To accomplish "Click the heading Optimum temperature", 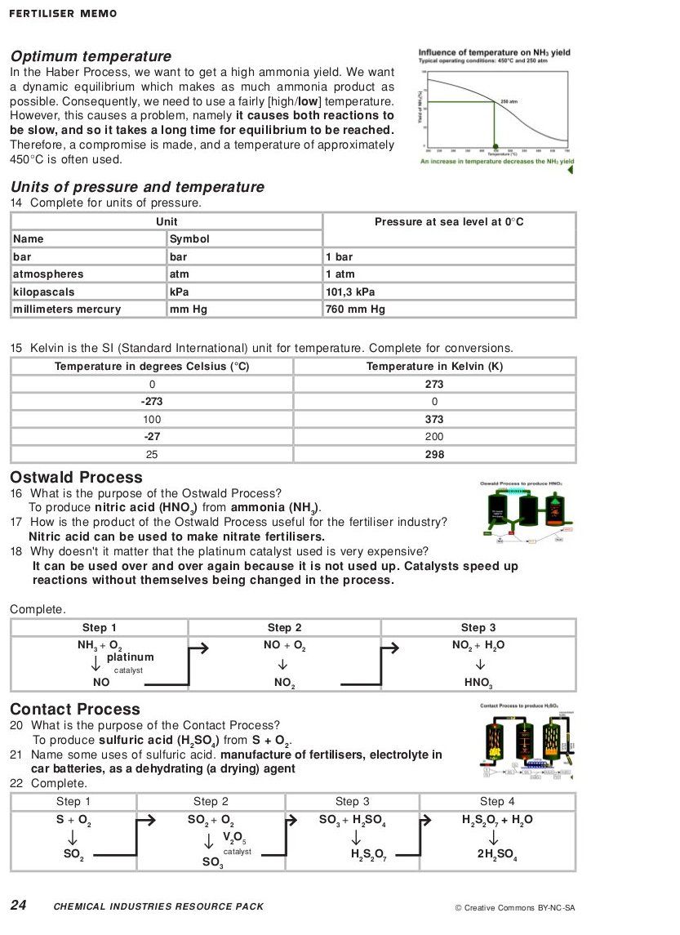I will [91, 56].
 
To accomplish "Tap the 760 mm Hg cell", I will [355, 309].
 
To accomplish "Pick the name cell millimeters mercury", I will [67, 309].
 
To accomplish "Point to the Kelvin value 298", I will [434, 454].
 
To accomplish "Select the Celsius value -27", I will [152, 437].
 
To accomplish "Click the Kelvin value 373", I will [434, 419].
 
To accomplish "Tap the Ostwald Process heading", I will [76, 478].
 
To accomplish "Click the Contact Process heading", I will [75, 709].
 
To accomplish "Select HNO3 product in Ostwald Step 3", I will [478, 683].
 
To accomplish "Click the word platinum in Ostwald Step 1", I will [130, 657].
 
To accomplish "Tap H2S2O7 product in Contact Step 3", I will [368, 855].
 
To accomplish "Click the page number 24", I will [19, 905].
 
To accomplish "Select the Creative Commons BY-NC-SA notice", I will [514, 907].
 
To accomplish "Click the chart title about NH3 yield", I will [494, 52].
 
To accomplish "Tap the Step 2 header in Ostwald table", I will [284, 627].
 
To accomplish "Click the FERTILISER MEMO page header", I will [63, 14].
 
